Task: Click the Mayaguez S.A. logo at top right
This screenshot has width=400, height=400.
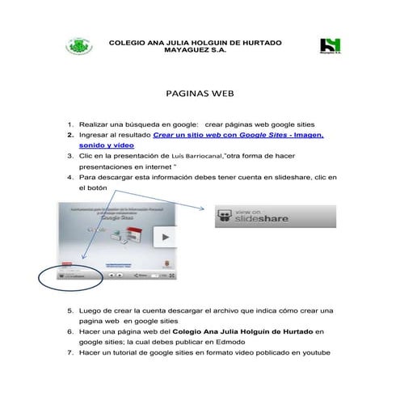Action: pyautogui.click(x=331, y=46)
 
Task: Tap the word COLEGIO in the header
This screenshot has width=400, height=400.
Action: pyautogui.click(x=128, y=42)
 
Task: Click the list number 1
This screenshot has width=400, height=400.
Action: pyautogui.click(x=70, y=126)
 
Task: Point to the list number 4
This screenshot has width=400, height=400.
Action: pyautogui.click(x=70, y=175)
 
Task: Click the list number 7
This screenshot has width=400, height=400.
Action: pyautogui.click(x=70, y=352)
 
